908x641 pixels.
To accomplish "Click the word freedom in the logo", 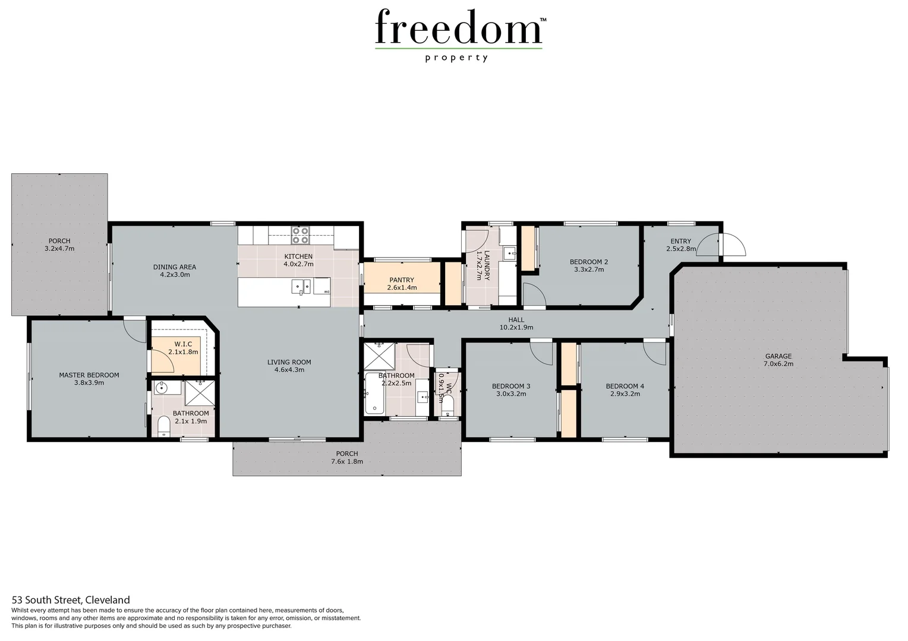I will point(458,28).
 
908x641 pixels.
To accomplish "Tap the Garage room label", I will point(778,356).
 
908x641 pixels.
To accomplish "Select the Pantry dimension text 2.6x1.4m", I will point(402,288).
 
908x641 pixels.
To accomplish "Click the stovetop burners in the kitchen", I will point(300,236).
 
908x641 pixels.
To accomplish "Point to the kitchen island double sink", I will point(301,287).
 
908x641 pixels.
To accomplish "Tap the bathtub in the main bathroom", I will point(374,394).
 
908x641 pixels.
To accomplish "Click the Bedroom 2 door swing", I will point(534,295).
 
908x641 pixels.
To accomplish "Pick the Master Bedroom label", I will point(89,375).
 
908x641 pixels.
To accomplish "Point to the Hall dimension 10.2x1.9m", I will point(516,328).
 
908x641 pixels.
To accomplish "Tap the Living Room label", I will point(289,362).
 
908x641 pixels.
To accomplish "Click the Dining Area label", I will point(174,267).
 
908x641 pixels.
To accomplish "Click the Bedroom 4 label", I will point(625,386).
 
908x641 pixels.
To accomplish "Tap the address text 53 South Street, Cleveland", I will point(70,600).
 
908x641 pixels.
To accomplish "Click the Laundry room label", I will point(487,265).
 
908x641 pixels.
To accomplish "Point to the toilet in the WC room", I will point(448,407).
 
